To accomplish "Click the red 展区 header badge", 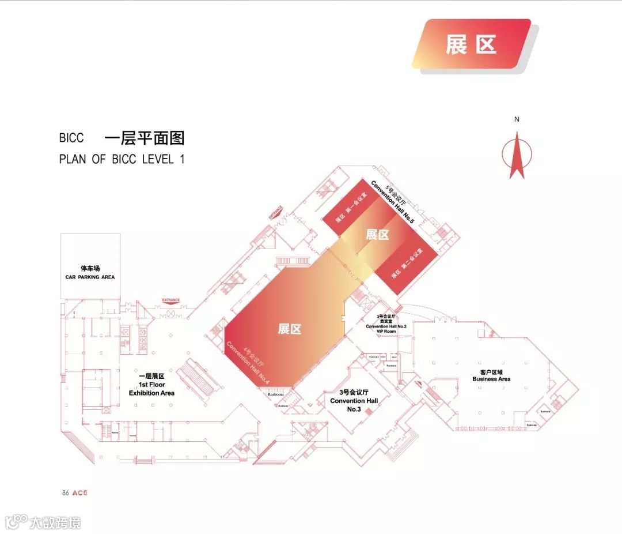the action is [471, 44].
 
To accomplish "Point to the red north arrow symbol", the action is [516, 155].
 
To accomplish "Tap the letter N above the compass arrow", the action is [517, 119].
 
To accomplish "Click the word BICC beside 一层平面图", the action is [71, 138].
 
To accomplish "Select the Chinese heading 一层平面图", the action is [144, 138].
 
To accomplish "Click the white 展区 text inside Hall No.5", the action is [378, 235].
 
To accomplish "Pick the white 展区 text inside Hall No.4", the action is [290, 329].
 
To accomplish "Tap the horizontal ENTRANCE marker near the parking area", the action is [171, 300].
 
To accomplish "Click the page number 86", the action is [65, 493].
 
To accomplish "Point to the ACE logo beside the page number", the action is [79, 493].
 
